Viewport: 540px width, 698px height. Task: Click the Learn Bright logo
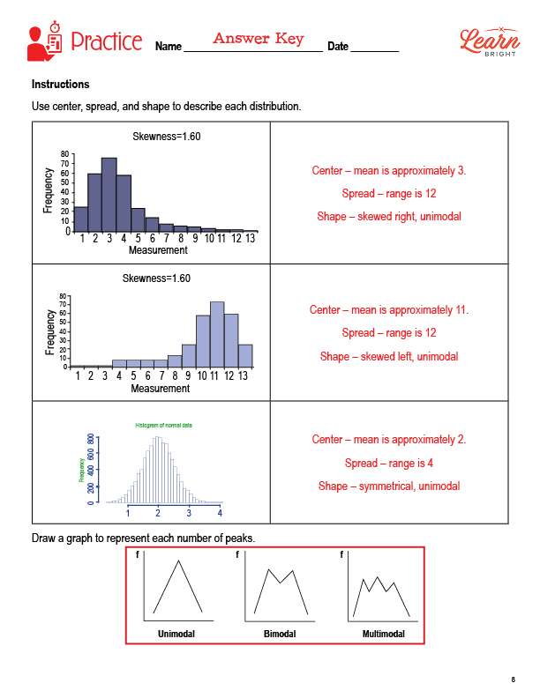click(484, 41)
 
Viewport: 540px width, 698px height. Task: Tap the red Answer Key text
click(259, 39)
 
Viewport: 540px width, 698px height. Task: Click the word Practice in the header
click(106, 41)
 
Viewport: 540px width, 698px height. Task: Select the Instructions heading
click(60, 85)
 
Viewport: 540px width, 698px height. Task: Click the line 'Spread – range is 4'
click(389, 463)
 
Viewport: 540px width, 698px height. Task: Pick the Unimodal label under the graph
click(176, 635)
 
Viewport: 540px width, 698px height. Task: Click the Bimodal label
click(280, 635)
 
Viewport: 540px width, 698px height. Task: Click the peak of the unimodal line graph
click(179, 561)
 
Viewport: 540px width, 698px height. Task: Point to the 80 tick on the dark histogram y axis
click(64, 154)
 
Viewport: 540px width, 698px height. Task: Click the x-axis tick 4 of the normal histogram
click(220, 512)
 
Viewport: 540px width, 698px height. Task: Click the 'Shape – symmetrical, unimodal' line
click(389, 486)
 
